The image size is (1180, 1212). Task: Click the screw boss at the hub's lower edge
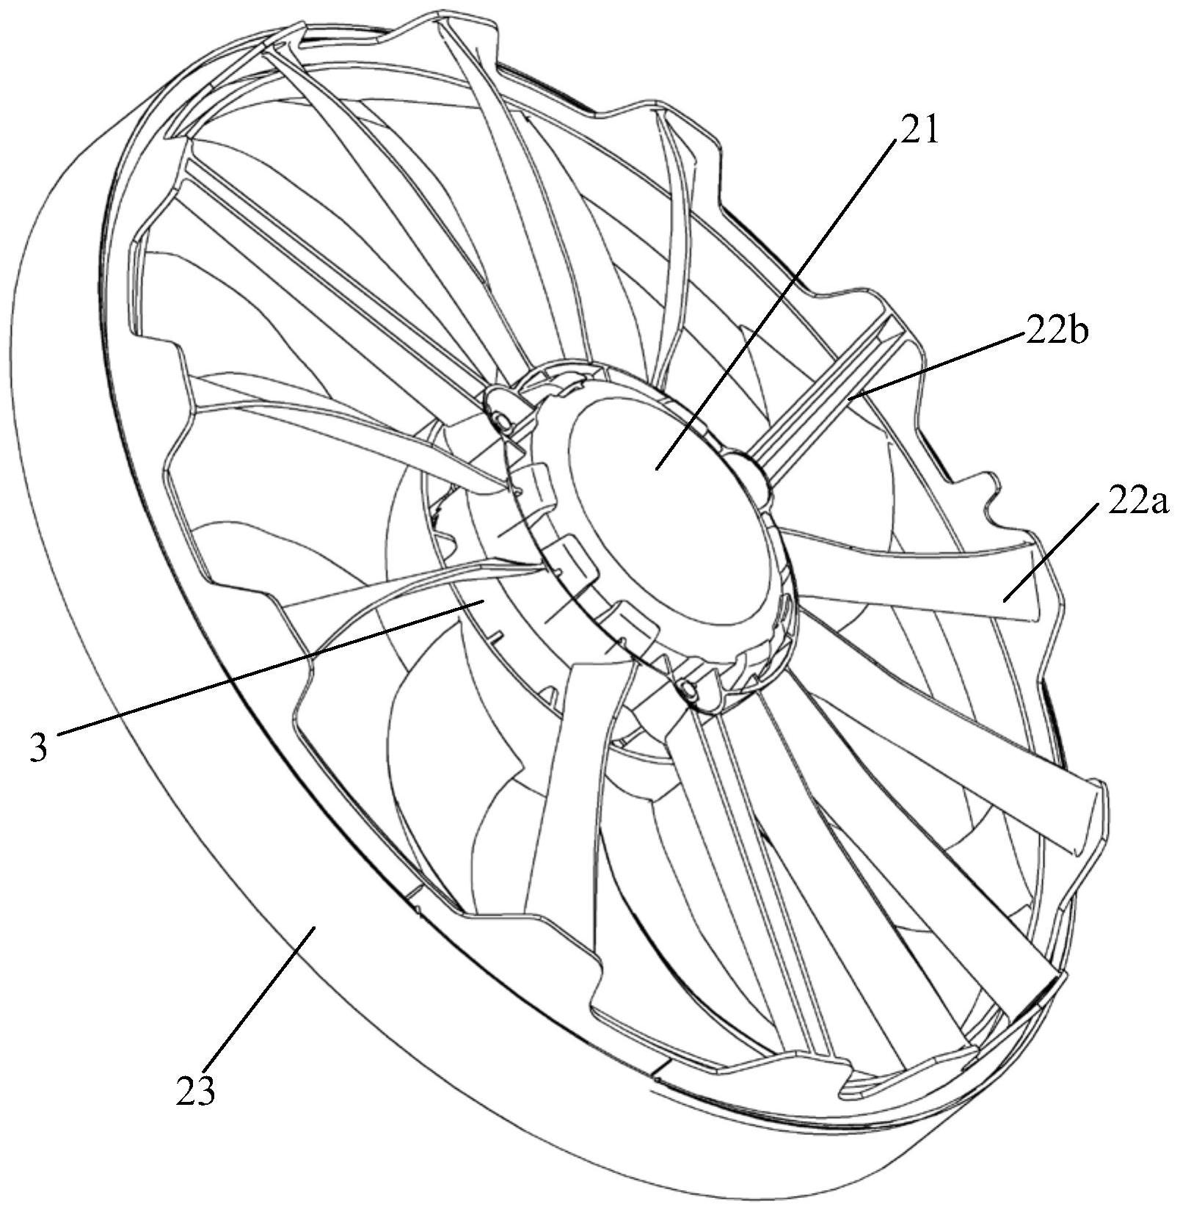tap(690, 689)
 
